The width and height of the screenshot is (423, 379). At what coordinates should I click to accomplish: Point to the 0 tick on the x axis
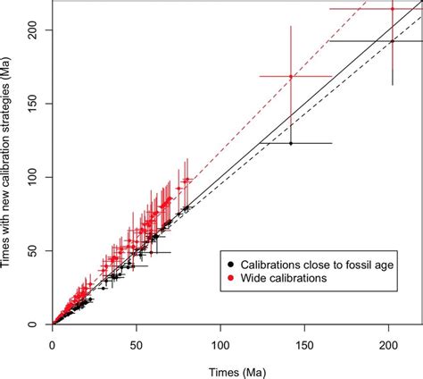pos(53,341)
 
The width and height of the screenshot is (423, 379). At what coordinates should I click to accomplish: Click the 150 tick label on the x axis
pos(304,341)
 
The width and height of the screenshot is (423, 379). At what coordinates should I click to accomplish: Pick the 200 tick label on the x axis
pos(388,341)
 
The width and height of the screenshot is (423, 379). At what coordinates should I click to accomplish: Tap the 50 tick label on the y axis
pos(35,250)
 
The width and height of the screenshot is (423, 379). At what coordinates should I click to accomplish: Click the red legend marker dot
pos(231,278)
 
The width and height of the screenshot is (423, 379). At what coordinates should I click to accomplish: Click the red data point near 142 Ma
pos(291,77)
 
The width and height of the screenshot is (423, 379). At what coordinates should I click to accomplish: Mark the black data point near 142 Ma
pos(291,143)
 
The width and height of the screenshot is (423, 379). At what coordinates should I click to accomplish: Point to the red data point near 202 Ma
pos(392,9)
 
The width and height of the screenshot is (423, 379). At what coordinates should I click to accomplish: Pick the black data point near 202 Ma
pos(392,41)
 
